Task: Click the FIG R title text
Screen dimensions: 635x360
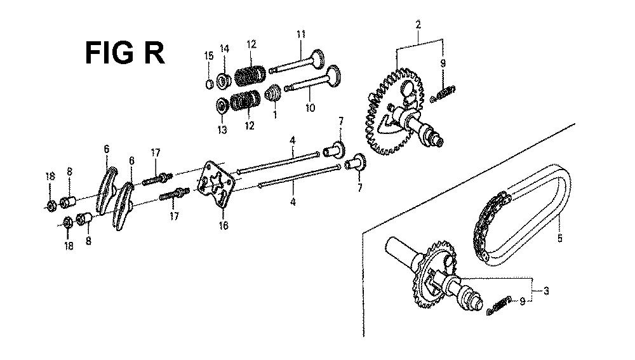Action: click(x=124, y=53)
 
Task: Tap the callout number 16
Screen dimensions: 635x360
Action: click(x=223, y=225)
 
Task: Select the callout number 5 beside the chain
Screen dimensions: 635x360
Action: click(x=559, y=238)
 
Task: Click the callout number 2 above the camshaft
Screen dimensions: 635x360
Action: click(x=418, y=25)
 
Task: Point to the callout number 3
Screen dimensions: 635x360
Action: click(x=546, y=290)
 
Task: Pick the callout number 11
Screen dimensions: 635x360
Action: click(x=300, y=34)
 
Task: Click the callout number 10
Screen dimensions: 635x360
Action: click(x=310, y=108)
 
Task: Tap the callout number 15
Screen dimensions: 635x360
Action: click(x=208, y=55)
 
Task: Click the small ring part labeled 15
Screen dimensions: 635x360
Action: click(x=210, y=84)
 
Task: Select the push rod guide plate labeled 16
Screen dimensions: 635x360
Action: click(x=217, y=185)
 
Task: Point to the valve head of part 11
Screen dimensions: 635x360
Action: click(x=317, y=59)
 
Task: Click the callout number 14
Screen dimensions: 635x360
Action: click(x=224, y=49)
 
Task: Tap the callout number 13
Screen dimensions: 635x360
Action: click(x=222, y=130)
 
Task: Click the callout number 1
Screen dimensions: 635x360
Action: click(x=275, y=115)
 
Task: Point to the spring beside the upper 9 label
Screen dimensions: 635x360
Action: click(x=443, y=93)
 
